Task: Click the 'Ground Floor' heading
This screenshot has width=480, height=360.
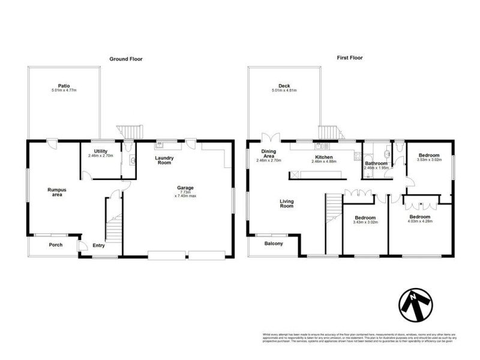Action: (x=125, y=59)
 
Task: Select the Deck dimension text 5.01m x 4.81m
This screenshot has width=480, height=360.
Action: (x=284, y=91)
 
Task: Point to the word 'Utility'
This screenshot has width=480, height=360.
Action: (x=100, y=151)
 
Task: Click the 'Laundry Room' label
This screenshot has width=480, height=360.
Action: (x=164, y=160)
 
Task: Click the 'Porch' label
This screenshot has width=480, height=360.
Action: (x=56, y=244)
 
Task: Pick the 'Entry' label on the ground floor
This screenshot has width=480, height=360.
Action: (x=99, y=245)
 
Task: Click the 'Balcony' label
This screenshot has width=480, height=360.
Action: (x=274, y=244)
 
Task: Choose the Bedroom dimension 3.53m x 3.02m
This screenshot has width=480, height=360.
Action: (x=429, y=161)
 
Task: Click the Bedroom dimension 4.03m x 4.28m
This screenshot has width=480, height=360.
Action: (x=421, y=221)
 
